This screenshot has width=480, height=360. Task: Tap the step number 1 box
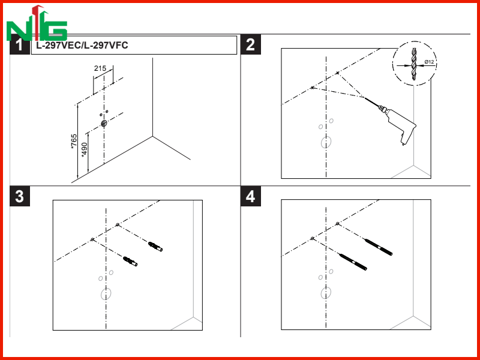20,44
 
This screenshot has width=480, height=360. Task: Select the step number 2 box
250,44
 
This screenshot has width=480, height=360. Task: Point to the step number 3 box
20,196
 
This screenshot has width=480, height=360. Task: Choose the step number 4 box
250,196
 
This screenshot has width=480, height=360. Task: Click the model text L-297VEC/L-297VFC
82,46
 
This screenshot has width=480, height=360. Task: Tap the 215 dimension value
100,68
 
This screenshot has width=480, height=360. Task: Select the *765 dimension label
74,142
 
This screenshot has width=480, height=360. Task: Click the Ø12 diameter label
429,62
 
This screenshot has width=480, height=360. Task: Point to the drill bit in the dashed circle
414,64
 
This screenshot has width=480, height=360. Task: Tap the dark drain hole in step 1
104,124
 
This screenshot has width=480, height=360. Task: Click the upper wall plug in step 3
155,247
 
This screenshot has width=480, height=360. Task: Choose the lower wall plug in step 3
130,261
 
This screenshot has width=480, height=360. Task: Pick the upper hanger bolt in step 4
379,247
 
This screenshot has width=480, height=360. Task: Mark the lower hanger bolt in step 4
353,262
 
